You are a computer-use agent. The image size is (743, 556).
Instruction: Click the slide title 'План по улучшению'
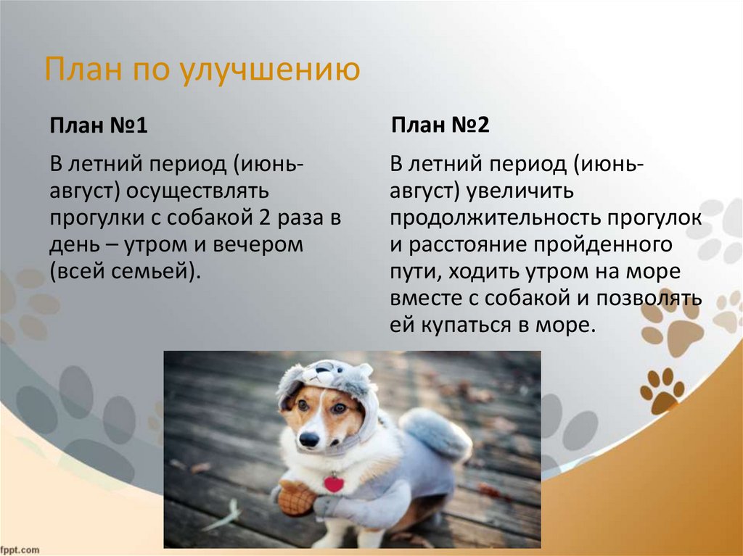[203, 72]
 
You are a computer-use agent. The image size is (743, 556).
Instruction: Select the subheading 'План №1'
[99, 126]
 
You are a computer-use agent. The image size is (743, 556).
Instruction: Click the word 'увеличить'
[521, 191]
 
